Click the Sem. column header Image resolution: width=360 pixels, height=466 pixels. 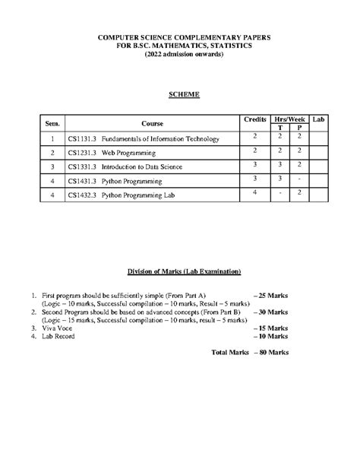[52, 122]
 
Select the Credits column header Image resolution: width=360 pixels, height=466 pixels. [254, 119]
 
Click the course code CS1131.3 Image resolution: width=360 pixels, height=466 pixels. [82, 139]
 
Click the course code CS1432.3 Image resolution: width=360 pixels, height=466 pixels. [82, 195]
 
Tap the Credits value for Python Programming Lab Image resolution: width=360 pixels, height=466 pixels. [255, 192]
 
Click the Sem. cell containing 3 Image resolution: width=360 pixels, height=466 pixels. [52, 166]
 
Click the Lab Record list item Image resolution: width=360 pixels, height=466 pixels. [58, 336]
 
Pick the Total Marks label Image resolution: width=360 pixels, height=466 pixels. [230, 353]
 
